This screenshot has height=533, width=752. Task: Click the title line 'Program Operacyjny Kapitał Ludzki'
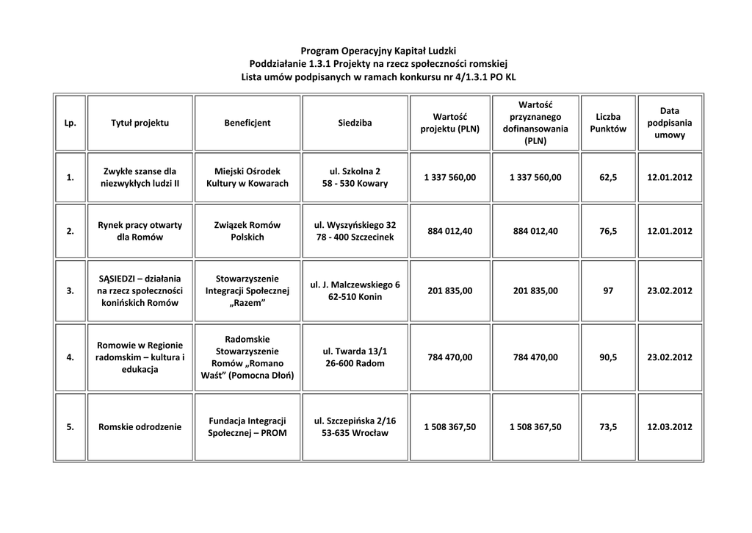378,51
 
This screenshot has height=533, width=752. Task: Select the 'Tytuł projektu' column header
140,123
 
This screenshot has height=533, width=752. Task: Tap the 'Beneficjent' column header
247,123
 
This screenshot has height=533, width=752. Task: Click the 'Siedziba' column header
355,123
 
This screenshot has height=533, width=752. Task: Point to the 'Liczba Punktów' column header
608,123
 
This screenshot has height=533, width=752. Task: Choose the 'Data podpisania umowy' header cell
670,123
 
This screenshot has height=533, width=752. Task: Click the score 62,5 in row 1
608,177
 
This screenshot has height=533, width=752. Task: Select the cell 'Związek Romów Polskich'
247,231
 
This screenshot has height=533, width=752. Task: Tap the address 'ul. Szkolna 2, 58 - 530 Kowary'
355,177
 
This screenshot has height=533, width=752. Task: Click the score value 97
608,290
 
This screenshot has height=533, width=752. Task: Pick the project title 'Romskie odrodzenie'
140,426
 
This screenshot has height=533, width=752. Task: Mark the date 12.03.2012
670,426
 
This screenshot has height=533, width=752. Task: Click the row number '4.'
70,357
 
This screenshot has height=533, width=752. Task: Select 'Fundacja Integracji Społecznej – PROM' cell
247,426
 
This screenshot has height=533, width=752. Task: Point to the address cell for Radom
355,357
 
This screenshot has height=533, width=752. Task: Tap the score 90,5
608,357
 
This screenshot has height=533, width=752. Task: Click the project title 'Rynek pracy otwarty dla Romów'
140,231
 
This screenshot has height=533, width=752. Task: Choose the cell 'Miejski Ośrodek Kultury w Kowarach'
247,177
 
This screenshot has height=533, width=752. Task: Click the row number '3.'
70,290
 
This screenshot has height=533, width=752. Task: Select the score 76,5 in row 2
608,231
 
